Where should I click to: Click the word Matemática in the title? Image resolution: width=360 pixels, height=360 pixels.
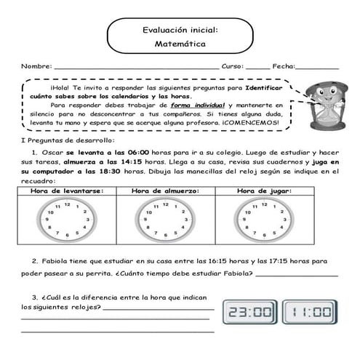(x=180, y=44)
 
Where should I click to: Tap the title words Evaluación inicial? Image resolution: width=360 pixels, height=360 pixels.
(x=180, y=31)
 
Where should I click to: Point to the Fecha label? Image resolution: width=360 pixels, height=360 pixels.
(x=284, y=66)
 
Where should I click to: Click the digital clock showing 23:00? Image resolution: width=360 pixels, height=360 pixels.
(x=249, y=313)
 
